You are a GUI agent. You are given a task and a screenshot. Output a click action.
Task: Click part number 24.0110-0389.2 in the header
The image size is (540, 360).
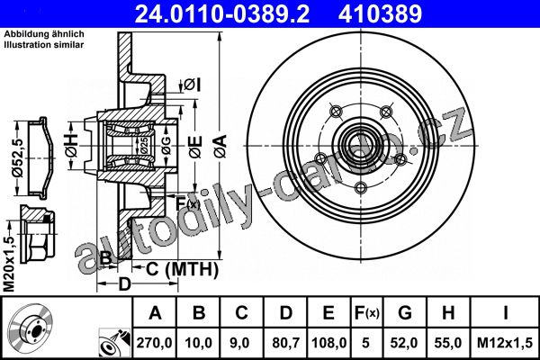(222, 13)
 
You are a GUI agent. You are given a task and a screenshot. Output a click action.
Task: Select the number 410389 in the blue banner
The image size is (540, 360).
(380, 13)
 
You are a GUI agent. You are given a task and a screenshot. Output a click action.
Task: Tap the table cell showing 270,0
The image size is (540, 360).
(154, 343)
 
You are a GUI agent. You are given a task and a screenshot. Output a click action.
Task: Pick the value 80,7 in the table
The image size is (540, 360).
(285, 343)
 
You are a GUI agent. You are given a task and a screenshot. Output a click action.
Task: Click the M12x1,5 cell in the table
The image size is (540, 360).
(505, 343)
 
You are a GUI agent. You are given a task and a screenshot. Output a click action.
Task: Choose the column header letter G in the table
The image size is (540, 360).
(405, 313)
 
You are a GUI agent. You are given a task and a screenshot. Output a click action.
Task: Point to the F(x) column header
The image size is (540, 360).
(367, 313)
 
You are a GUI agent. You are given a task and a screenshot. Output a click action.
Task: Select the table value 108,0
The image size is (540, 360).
(328, 343)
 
